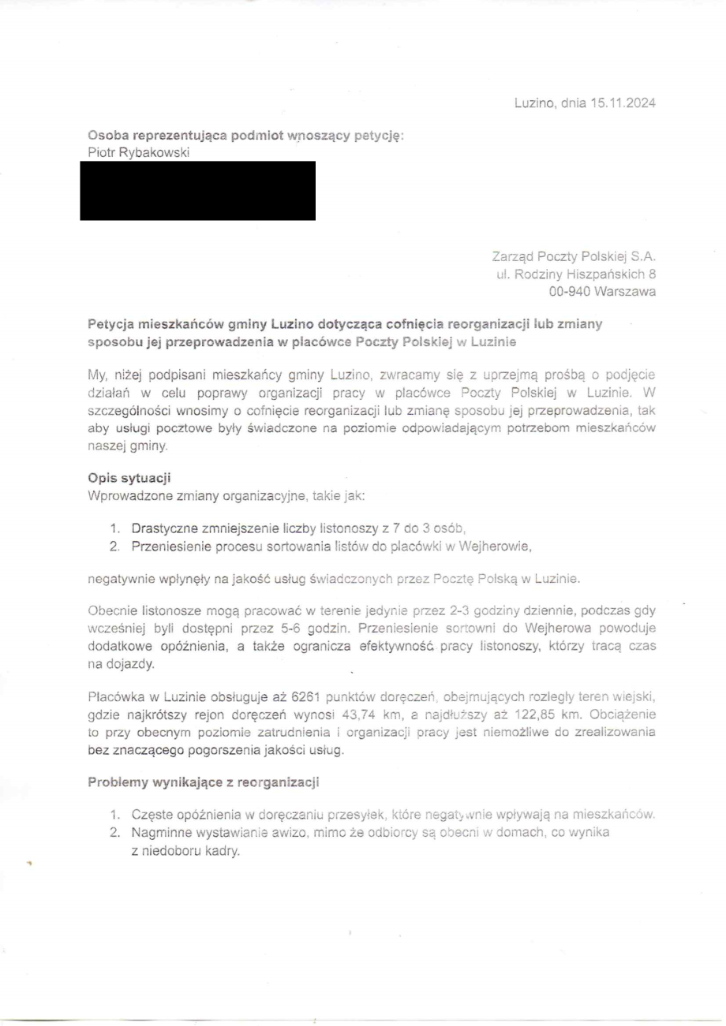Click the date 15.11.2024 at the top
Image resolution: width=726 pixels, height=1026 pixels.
(x=623, y=103)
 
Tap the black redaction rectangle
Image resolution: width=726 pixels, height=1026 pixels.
(x=197, y=190)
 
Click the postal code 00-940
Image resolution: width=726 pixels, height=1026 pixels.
(x=571, y=291)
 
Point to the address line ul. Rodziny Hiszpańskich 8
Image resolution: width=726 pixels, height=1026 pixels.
(x=576, y=274)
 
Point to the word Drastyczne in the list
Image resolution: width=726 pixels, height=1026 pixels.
(x=164, y=528)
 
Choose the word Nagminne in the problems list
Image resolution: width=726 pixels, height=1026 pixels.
(x=159, y=832)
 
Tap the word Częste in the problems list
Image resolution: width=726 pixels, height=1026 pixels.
(x=150, y=815)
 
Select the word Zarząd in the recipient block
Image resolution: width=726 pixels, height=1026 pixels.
(x=511, y=256)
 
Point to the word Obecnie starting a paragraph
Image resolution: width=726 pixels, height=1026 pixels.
(x=112, y=612)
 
